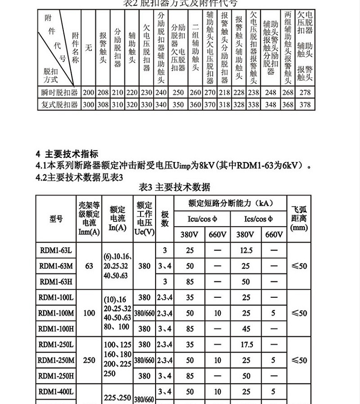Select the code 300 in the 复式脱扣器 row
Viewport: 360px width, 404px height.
(89, 104)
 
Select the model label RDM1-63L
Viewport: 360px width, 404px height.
(56, 250)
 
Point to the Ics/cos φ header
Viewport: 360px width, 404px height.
(258, 219)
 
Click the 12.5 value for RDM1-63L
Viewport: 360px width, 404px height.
(246, 250)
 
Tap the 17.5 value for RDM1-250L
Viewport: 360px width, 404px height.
(246, 345)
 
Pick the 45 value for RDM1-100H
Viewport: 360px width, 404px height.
(246, 329)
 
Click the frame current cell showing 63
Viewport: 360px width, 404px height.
(89, 266)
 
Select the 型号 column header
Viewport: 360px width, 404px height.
(56, 219)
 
